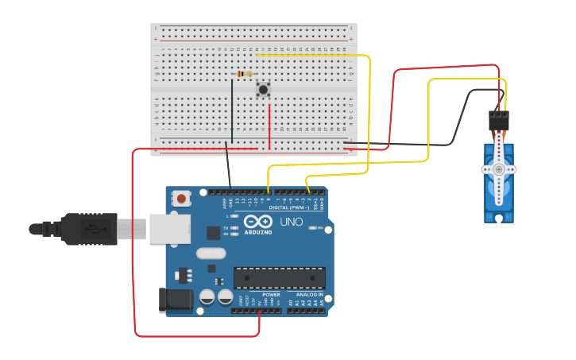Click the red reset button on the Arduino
(x=182, y=199)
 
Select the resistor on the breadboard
(x=245, y=74)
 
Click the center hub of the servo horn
(x=499, y=169)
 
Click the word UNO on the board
(x=292, y=222)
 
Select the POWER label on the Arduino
(x=271, y=295)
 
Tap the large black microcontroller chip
(x=279, y=277)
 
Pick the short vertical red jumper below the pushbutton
(x=269, y=126)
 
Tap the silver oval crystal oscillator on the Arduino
(x=211, y=254)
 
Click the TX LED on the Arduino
(x=236, y=228)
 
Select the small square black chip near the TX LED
(x=214, y=233)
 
